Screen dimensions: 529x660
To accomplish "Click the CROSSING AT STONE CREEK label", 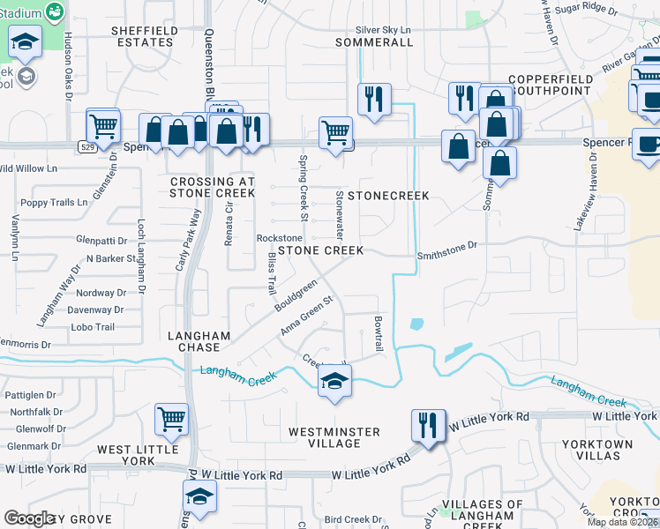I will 212,187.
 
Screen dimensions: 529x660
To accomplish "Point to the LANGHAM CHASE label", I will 199,342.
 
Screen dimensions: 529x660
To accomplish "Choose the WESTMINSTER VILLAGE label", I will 334,437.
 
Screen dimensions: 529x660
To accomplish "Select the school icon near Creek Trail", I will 334,382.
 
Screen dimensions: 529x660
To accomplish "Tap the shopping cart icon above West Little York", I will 171,419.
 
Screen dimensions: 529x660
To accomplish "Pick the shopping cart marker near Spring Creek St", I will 335,133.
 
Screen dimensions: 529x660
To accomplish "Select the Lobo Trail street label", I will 93,328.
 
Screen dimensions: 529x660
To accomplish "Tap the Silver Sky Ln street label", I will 383,29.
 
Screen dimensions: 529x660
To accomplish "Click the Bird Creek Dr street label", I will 352,520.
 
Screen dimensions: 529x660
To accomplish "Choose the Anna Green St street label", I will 306,316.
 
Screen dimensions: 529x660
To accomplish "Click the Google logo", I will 29,518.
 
